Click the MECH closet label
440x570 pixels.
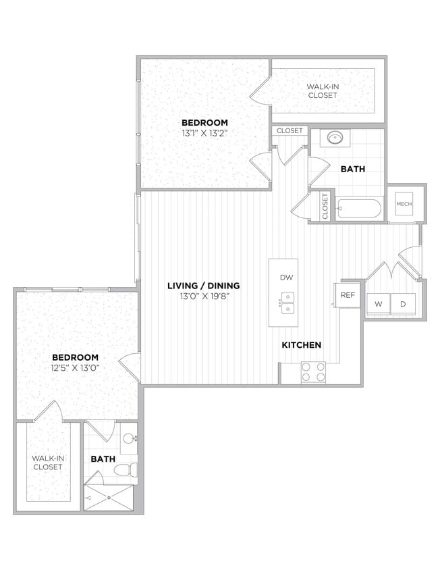(404, 204)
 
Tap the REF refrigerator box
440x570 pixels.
(348, 295)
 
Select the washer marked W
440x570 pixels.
(379, 304)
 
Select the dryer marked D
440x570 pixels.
(404, 304)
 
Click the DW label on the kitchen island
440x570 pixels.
(284, 278)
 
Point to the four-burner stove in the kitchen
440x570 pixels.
(312, 372)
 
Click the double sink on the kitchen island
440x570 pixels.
(287, 303)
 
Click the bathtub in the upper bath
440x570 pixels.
(359, 207)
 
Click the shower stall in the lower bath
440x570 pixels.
(109, 498)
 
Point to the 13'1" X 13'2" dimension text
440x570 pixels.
(204, 134)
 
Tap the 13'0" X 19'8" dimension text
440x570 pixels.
(203, 296)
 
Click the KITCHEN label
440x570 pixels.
(301, 345)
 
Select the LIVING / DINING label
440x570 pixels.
(203, 286)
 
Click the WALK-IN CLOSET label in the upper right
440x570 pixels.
(322, 91)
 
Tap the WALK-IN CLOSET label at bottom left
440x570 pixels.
(48, 463)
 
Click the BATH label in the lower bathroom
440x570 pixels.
(103, 459)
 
